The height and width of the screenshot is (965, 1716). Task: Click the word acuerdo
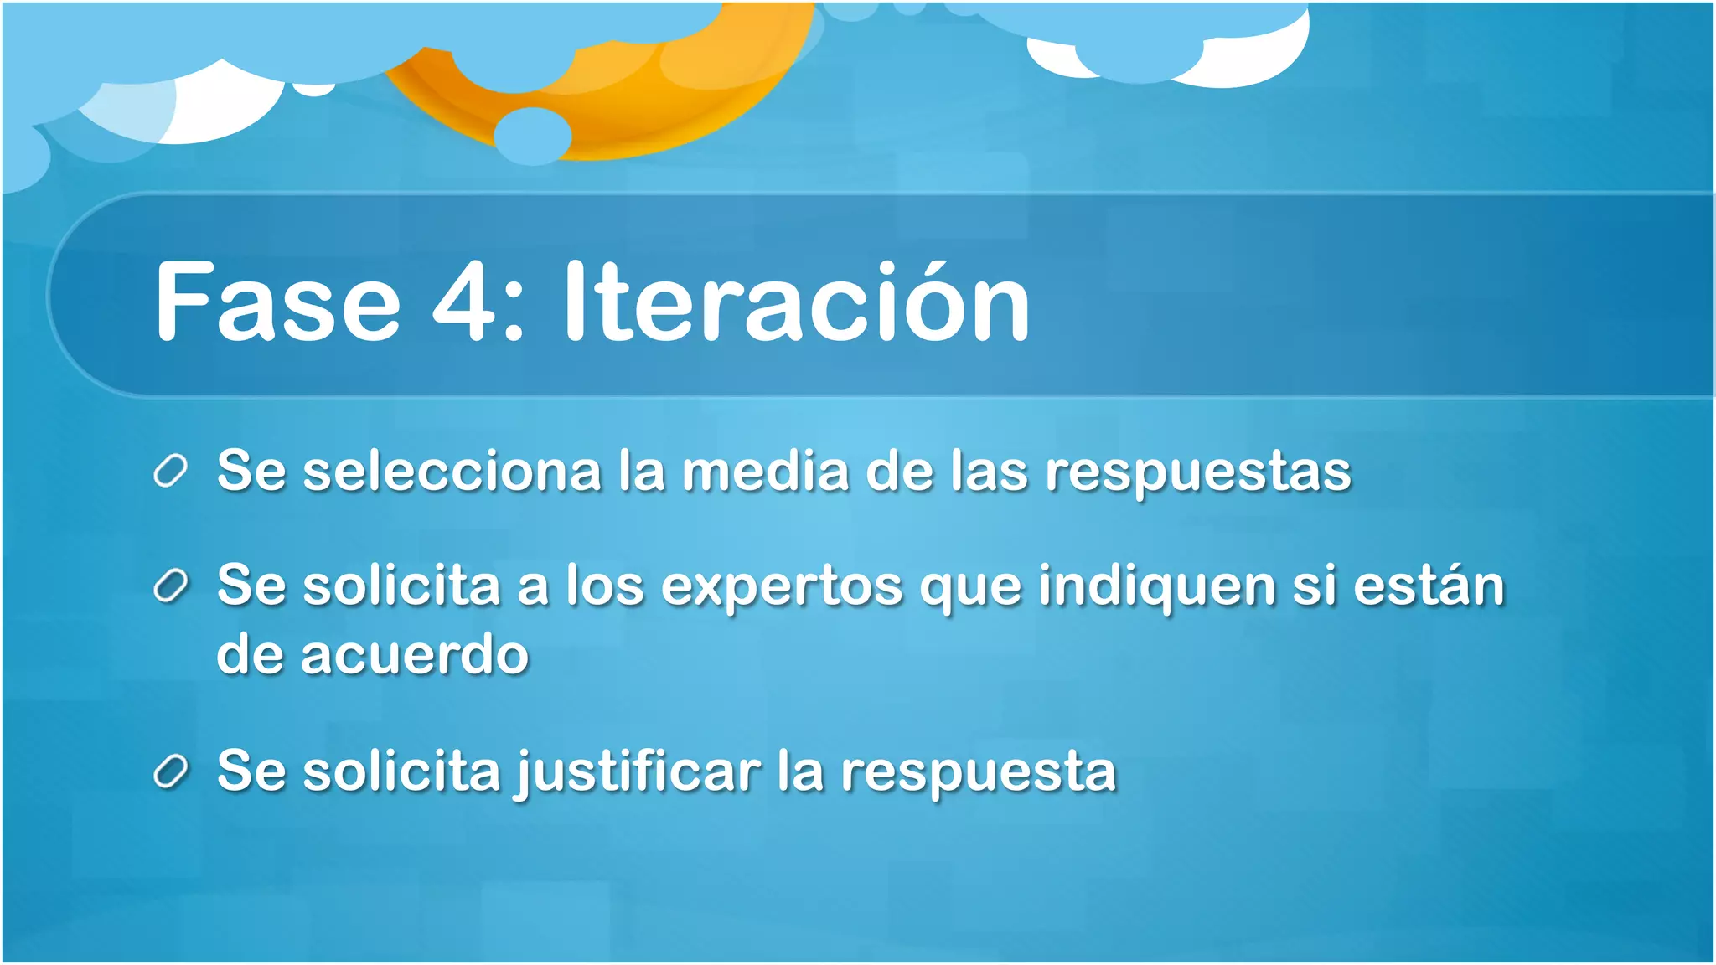[x=415, y=655]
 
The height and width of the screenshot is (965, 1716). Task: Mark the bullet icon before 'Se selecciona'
[x=170, y=472]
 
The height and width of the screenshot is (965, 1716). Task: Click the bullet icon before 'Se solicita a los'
[x=170, y=586]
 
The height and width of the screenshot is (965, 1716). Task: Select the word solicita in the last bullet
[x=402, y=771]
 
